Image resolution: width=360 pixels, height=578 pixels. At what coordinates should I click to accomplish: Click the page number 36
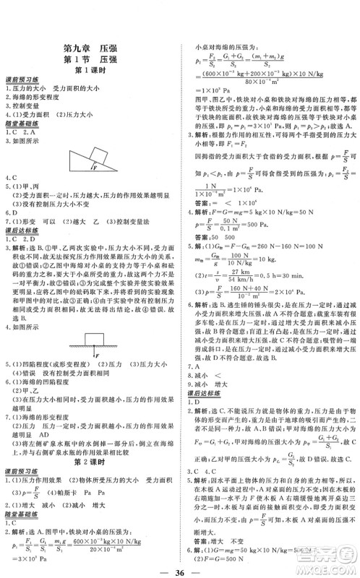point(181,566)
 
